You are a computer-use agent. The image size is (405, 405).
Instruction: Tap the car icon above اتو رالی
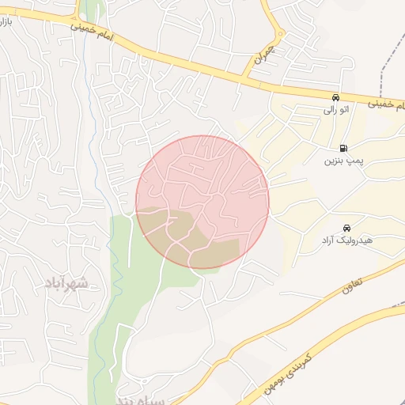coord(336,97)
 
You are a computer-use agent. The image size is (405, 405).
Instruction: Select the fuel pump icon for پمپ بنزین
coord(343,148)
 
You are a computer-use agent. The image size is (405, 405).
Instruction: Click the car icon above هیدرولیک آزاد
coord(346,228)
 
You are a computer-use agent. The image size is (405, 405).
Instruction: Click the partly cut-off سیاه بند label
coord(142,400)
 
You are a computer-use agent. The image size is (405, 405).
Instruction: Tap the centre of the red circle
coord(202,202)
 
